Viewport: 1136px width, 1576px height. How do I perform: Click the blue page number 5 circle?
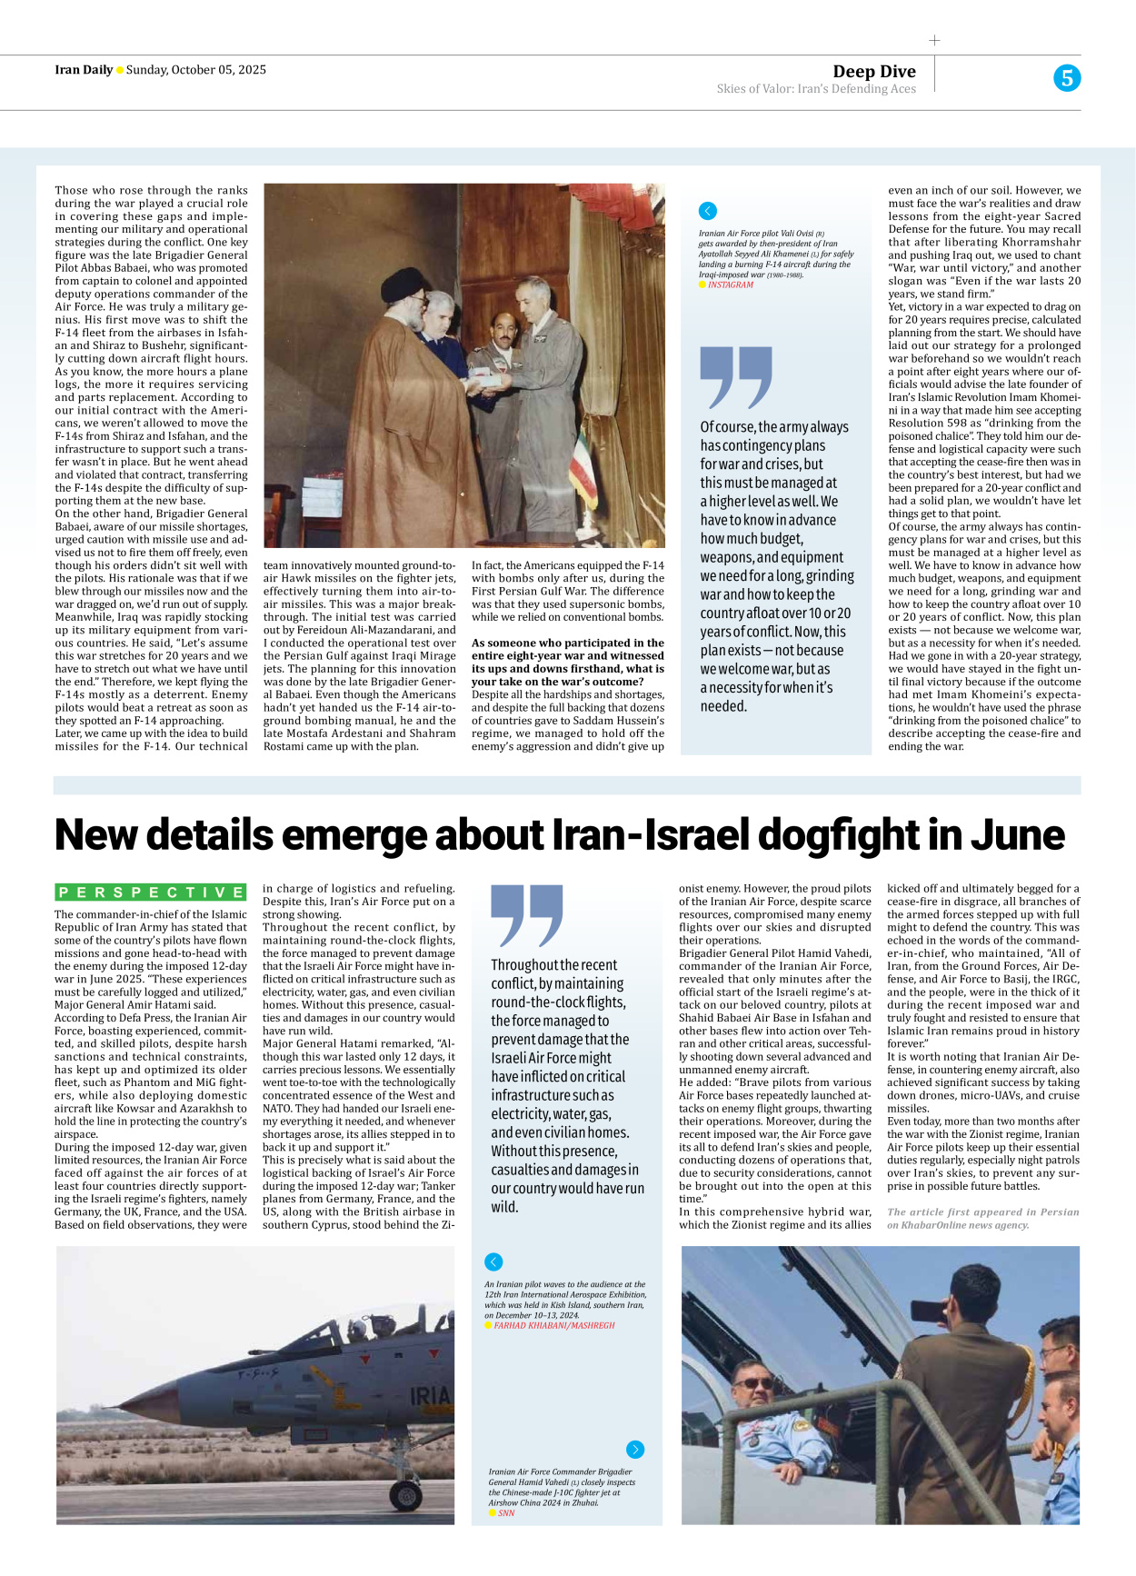click(x=1067, y=78)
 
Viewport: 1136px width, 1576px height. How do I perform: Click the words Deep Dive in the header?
click(x=873, y=72)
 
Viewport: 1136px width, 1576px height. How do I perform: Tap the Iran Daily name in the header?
click(x=84, y=70)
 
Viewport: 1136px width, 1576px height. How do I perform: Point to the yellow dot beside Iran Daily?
click(x=120, y=71)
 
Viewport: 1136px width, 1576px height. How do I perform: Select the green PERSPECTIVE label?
click(x=151, y=893)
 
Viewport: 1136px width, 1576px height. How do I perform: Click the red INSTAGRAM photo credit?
click(x=731, y=285)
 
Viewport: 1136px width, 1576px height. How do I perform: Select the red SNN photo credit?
click(x=506, y=1513)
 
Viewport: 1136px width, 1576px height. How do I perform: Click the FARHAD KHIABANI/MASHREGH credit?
click(x=554, y=1326)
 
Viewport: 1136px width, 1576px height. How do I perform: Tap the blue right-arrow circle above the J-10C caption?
click(x=635, y=1450)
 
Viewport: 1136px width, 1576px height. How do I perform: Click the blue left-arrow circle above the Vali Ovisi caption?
click(x=708, y=211)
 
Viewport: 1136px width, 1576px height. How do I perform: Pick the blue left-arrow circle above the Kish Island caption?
click(x=493, y=1262)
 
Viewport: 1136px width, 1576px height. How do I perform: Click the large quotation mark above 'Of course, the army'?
click(x=735, y=377)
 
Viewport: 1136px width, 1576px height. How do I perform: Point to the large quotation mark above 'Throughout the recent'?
click(x=526, y=916)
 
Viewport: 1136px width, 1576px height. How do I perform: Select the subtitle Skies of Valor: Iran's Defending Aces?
click(x=816, y=89)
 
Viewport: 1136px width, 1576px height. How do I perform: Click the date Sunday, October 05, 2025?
click(x=196, y=70)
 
